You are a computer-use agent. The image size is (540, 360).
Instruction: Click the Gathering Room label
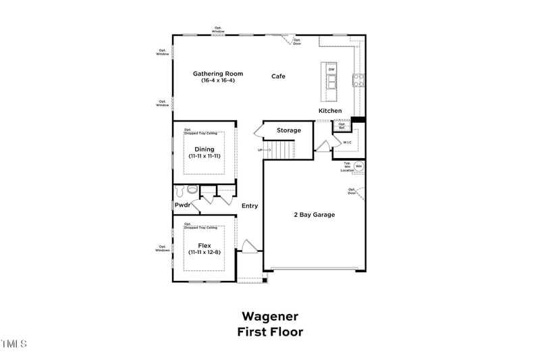tap(217, 74)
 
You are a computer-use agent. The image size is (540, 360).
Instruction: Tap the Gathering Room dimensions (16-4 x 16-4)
tap(217, 80)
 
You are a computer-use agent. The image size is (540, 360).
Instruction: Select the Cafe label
tap(278, 76)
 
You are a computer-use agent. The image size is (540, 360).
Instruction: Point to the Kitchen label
tap(330, 111)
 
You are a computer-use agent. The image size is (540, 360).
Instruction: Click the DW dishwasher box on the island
tap(331, 70)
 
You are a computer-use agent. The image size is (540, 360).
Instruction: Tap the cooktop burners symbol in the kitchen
tap(358, 81)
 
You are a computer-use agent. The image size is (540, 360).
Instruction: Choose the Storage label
tap(288, 130)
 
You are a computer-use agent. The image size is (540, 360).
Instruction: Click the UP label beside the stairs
tap(260, 150)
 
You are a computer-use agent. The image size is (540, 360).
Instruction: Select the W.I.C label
tap(348, 143)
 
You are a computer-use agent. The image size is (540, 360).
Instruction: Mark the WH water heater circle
tap(358, 165)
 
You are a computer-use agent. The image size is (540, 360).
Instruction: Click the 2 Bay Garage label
tap(314, 215)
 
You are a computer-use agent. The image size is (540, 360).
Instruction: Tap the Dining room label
tap(205, 149)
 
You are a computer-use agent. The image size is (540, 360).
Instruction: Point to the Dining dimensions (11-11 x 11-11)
tap(205, 156)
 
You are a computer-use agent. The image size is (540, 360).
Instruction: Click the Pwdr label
tap(182, 205)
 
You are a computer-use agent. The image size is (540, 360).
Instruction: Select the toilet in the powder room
tap(191, 190)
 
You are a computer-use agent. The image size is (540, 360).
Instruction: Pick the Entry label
tap(250, 206)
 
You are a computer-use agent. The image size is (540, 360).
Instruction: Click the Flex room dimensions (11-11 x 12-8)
tap(205, 252)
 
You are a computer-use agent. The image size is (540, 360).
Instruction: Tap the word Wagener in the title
tap(270, 316)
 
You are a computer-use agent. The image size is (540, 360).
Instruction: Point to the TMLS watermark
tap(13, 344)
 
